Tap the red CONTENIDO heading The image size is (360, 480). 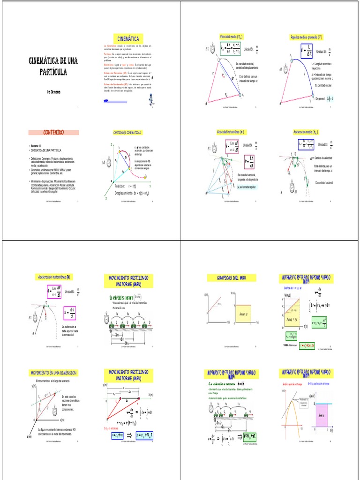54,133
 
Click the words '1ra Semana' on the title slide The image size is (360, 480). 53,92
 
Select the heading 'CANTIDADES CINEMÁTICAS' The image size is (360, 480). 127,133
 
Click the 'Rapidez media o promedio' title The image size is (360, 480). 307,37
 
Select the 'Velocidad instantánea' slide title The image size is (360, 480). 230,132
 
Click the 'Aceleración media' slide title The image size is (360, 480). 306,132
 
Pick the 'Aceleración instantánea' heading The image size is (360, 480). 54,277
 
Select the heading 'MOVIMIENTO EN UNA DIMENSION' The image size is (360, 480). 53,373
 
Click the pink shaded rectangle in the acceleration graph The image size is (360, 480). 321,415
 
